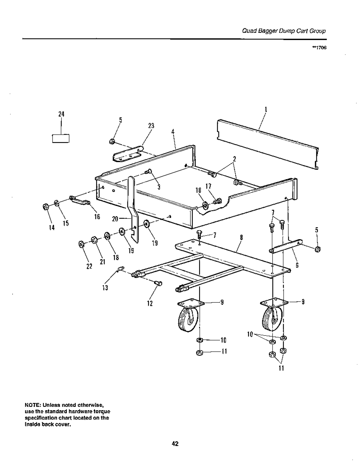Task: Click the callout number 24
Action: click(61, 114)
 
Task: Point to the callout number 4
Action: click(173, 132)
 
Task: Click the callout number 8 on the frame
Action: click(240, 238)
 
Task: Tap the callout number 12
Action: click(149, 304)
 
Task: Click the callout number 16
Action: click(97, 217)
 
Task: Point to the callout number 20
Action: click(115, 219)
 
